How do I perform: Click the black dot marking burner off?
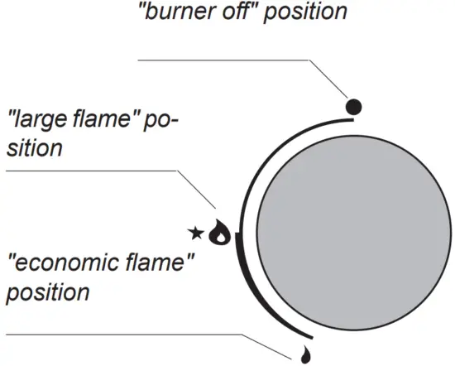click(x=353, y=106)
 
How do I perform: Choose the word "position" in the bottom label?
click(x=47, y=293)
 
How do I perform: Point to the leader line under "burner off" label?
click(x=223, y=60)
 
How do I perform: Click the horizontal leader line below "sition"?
click(x=91, y=171)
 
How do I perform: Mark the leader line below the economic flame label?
click(x=124, y=335)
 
